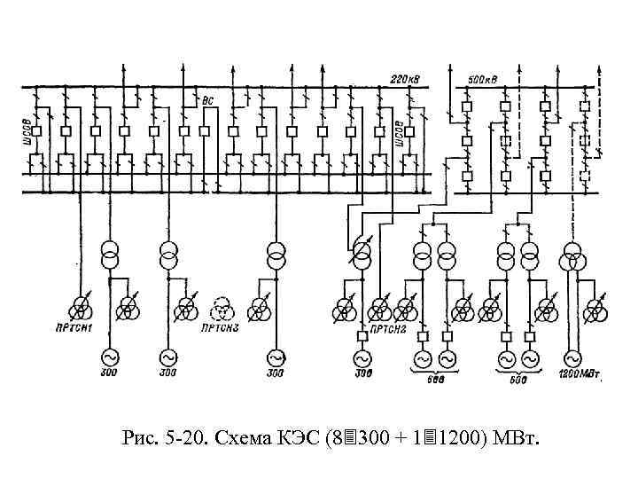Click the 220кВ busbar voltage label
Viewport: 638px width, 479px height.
point(404,79)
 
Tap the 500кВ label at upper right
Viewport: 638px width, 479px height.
point(484,79)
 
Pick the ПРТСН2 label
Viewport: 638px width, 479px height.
point(388,330)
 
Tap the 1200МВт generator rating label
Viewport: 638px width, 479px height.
point(580,373)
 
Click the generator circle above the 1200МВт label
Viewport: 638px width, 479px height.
point(571,358)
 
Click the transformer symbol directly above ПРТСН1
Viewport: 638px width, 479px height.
point(82,309)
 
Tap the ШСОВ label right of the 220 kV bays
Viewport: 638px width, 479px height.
point(400,130)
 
